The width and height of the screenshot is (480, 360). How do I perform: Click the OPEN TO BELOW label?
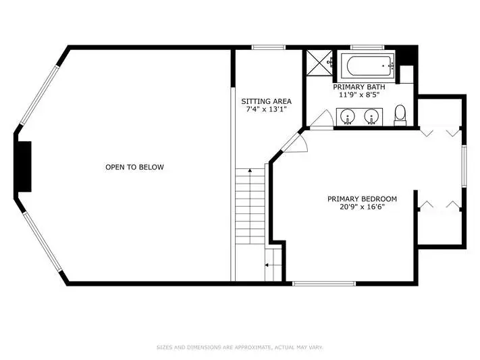[134, 167]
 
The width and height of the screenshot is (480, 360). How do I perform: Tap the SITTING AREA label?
[266, 101]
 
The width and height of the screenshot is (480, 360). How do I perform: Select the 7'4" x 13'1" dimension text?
[266, 109]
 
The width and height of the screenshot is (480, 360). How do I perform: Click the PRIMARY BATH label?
[359, 87]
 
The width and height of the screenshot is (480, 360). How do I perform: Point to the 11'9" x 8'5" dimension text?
[359, 95]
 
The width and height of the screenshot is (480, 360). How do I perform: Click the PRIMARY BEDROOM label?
[362, 199]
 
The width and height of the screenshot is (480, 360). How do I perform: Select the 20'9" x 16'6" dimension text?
[362, 207]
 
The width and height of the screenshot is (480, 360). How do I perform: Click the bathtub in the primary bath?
[368, 66]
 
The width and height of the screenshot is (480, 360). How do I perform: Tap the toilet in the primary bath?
[400, 115]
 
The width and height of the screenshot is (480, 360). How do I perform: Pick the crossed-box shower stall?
[319, 63]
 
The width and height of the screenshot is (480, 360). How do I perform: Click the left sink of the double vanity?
[348, 116]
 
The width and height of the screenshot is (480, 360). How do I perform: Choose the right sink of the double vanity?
[371, 116]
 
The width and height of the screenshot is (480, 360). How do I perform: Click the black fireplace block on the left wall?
[24, 167]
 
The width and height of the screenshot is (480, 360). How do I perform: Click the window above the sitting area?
[269, 47]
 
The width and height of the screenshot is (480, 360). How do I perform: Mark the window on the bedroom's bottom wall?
[324, 284]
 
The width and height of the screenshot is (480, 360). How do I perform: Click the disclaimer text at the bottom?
[240, 347]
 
